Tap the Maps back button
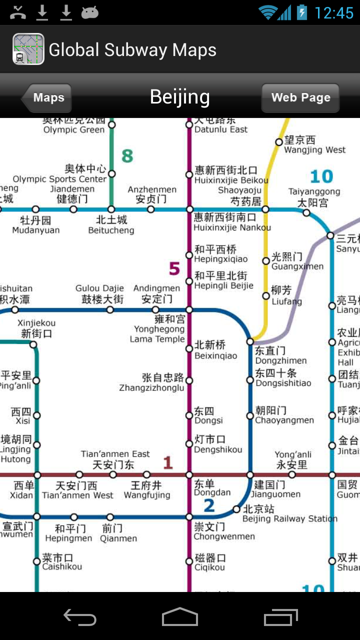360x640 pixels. tap(48, 97)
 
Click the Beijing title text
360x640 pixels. tap(180, 96)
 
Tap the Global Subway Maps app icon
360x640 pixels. tap(28, 49)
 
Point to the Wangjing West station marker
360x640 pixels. tap(279, 142)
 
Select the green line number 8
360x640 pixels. tap(127, 156)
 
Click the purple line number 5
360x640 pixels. tap(174, 268)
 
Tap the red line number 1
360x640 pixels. tap(168, 462)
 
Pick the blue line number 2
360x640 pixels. tap(209, 505)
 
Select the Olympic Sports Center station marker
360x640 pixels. tap(112, 174)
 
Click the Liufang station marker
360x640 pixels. tap(266, 296)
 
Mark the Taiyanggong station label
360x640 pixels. tap(313, 197)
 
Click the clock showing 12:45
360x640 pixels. tap(334, 12)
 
